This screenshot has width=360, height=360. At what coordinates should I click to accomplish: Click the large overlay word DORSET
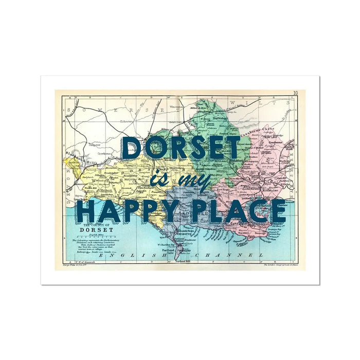(181, 148)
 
